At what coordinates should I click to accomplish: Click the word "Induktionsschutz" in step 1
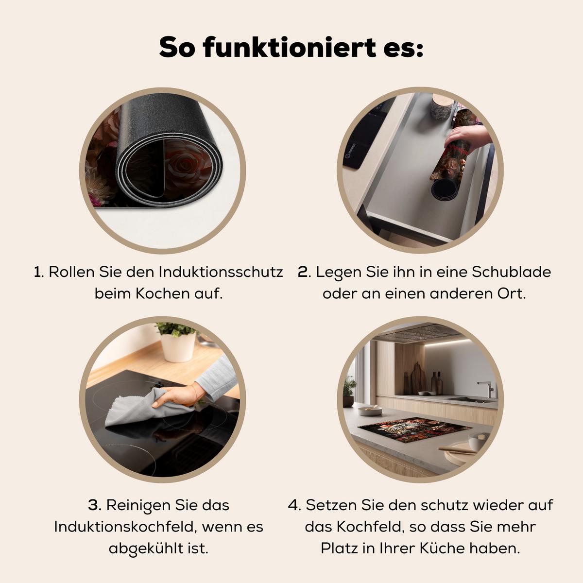[x=221, y=272]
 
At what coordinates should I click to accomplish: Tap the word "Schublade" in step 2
[x=511, y=272]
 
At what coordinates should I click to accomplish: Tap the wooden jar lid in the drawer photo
[x=443, y=101]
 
